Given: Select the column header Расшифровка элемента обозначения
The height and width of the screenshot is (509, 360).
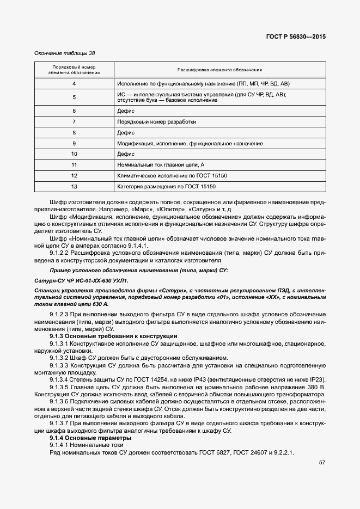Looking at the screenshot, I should click(x=219, y=70).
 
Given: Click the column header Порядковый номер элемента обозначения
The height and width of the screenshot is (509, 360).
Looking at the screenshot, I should click(x=74, y=70).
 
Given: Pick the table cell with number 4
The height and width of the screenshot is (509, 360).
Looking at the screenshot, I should click(x=74, y=84).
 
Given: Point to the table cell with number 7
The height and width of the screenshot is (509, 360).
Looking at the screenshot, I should click(x=74, y=121).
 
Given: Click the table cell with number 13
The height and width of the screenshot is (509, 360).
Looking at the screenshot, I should click(x=74, y=187).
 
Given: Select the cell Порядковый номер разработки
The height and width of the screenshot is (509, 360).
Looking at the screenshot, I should click(x=156, y=121).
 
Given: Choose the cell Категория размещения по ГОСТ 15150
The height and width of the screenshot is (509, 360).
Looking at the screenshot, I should click(x=167, y=187).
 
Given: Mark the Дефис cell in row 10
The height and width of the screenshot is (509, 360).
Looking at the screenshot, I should click(x=126, y=154).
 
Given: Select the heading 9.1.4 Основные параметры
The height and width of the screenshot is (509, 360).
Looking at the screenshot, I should click(x=90, y=438).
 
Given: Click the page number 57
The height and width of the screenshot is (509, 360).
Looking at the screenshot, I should click(x=322, y=463).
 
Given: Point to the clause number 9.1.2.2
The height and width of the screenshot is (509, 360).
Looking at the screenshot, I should click(x=59, y=253).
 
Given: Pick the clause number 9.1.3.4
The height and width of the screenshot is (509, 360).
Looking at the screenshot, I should click(x=58, y=379).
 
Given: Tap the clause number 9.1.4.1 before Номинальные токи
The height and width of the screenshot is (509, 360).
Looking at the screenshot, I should click(x=59, y=445).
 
